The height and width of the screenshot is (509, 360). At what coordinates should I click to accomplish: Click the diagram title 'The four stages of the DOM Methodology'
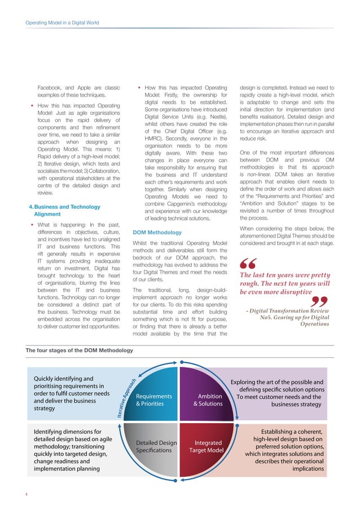pos(80,350)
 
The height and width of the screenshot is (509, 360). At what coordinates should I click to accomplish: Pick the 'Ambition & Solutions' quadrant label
pos(208,400)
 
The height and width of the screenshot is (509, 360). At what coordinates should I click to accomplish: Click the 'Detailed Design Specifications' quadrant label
pos(152,446)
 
